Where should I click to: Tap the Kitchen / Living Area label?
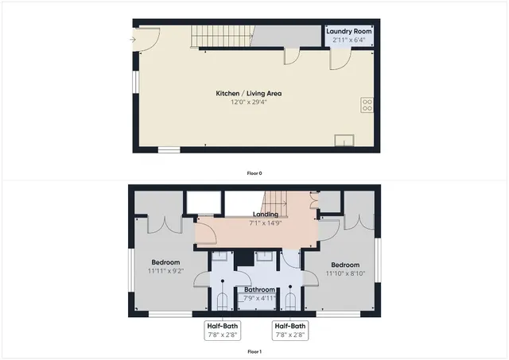249,93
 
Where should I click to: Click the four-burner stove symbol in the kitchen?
368,103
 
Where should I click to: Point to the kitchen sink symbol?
344,141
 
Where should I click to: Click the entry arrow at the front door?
132,37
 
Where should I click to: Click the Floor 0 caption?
254,172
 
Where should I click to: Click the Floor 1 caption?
254,350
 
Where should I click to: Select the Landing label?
265,214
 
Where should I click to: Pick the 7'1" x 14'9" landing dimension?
265,223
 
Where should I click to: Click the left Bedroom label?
166,262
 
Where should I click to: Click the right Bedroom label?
345,265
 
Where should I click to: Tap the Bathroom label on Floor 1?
259,289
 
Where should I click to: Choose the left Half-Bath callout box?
222,330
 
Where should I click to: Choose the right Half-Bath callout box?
290,330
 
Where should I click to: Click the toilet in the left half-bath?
223,300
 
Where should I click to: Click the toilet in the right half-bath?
291,300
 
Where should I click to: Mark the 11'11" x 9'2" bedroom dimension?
166,271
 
